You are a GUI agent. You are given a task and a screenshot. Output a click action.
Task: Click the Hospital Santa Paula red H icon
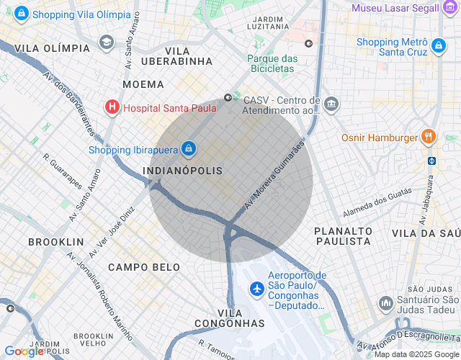click(112, 108)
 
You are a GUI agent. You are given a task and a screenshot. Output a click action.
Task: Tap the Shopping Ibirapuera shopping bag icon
click(188, 148)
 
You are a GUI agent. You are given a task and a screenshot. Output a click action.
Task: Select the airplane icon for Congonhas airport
click(256, 289)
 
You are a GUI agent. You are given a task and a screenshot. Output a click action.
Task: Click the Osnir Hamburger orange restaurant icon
click(429, 137)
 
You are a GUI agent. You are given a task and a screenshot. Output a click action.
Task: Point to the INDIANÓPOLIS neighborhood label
click(183, 170)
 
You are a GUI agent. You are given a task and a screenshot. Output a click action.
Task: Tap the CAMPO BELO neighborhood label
click(144, 267)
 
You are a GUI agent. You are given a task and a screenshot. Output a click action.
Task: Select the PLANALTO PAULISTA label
click(343, 235)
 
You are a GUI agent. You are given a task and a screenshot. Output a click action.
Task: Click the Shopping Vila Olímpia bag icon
click(22, 14)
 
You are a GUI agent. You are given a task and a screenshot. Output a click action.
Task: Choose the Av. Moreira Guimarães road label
click(274, 175)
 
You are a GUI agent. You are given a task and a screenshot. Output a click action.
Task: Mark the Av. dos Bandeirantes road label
click(69, 104)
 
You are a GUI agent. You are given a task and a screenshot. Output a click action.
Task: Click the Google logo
click(24, 351)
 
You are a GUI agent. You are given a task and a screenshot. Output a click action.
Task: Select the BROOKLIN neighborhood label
click(56, 242)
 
